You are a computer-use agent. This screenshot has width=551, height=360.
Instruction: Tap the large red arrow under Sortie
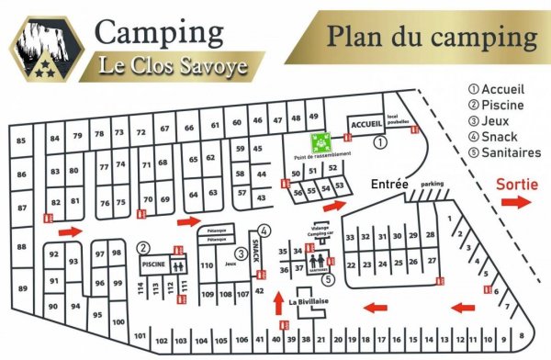click(516, 202)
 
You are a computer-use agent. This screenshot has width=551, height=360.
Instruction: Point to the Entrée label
click(389, 184)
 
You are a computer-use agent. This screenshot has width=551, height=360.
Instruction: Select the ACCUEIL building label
click(366, 124)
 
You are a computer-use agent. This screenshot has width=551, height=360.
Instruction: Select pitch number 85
click(21, 140)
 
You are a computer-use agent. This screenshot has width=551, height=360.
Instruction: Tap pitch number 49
click(314, 118)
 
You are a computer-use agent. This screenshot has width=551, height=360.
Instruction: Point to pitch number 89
click(21, 287)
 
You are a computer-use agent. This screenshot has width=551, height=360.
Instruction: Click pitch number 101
click(140, 336)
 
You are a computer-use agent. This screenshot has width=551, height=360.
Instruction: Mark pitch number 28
click(430, 236)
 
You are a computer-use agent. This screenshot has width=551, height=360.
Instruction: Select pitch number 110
click(207, 265)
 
